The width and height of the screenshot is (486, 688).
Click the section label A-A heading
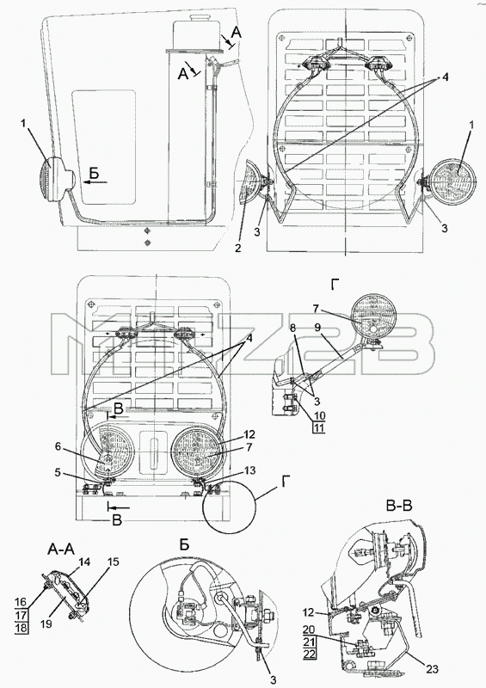[61, 550]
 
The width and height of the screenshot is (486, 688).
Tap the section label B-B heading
[399, 506]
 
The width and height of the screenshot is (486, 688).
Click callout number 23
[432, 669]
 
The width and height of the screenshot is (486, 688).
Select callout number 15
[113, 562]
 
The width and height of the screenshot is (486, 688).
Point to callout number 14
[83, 562]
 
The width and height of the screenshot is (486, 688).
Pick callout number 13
[249, 470]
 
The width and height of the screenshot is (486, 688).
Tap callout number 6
[58, 445]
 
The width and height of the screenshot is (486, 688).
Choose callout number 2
[238, 248]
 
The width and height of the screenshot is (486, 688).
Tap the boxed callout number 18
[22, 628]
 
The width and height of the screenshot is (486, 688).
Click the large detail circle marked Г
[229, 507]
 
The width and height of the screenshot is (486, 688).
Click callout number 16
[22, 603]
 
